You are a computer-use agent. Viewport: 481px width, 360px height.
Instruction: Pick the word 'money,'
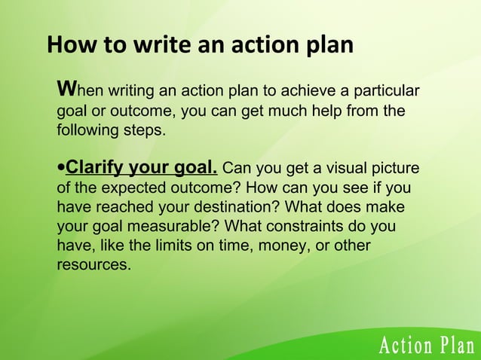pyautogui.click(x=300, y=246)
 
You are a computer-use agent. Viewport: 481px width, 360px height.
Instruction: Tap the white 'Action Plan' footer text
pyautogui.click(x=426, y=346)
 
